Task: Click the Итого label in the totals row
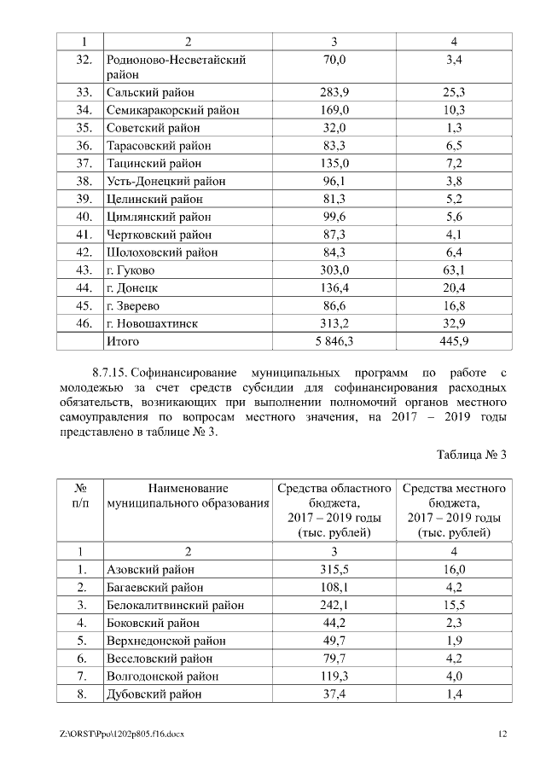point(122,341)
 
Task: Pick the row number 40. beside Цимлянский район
point(83,217)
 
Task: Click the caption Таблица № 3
point(472,454)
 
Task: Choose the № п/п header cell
point(83,496)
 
